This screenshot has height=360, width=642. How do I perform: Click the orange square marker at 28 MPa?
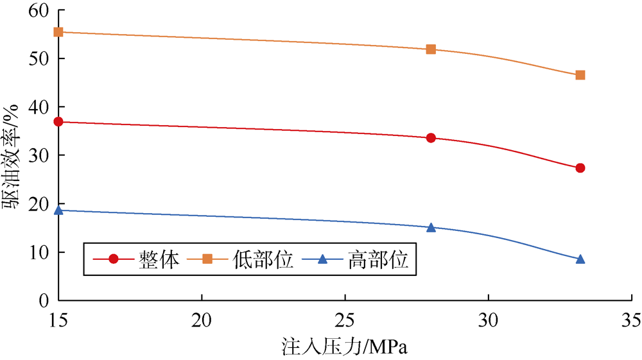(431, 49)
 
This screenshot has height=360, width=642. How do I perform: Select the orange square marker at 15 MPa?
(58, 31)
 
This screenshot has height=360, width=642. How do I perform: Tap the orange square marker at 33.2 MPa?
(580, 75)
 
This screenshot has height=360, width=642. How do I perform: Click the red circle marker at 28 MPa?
(431, 138)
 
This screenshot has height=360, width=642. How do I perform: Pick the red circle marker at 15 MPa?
(58, 121)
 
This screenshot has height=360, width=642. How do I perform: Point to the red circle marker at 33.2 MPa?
(580, 168)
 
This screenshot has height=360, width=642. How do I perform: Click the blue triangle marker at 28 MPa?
(431, 227)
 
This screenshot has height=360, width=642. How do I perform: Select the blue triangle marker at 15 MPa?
(58, 210)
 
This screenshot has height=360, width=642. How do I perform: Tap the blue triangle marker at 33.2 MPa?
(580, 259)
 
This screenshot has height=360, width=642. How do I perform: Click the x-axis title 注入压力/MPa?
(345, 347)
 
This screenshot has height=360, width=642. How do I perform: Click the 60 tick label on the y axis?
(39, 10)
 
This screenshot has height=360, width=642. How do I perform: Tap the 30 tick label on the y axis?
(39, 155)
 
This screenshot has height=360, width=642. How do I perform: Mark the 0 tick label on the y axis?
(44, 300)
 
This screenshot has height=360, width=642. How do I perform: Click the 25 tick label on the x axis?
(345, 318)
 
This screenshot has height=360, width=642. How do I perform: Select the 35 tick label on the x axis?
(631, 318)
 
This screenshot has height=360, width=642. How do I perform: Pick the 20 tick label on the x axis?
(202, 318)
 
